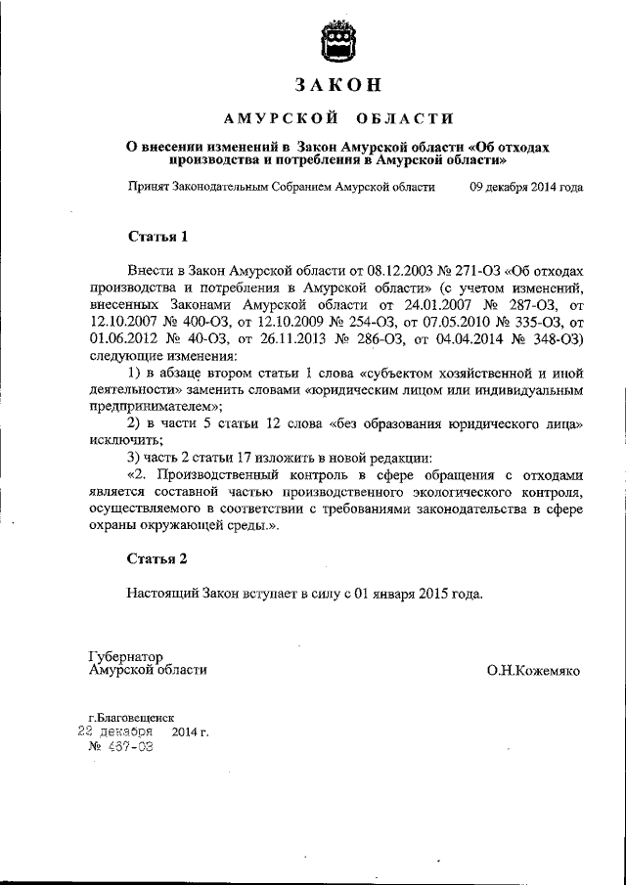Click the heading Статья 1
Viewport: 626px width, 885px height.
(x=156, y=237)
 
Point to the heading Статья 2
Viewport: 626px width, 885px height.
(x=156, y=559)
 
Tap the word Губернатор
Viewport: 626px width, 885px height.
(x=124, y=655)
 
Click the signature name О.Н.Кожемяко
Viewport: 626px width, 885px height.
(x=529, y=671)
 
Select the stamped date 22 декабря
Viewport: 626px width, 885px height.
(x=114, y=731)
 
